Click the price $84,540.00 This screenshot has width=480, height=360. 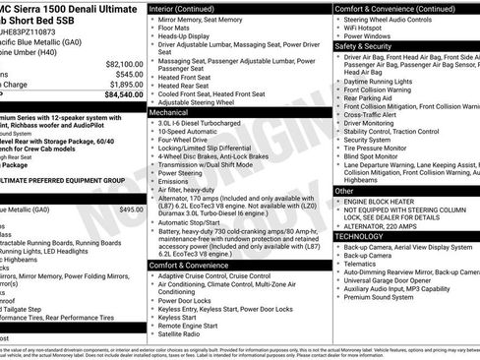(116, 95)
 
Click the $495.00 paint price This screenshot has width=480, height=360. (130, 210)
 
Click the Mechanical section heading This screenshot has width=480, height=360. (170, 113)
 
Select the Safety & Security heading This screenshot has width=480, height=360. (364, 46)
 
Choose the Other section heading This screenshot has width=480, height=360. (344, 191)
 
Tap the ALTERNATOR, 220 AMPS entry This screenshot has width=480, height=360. (386, 225)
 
